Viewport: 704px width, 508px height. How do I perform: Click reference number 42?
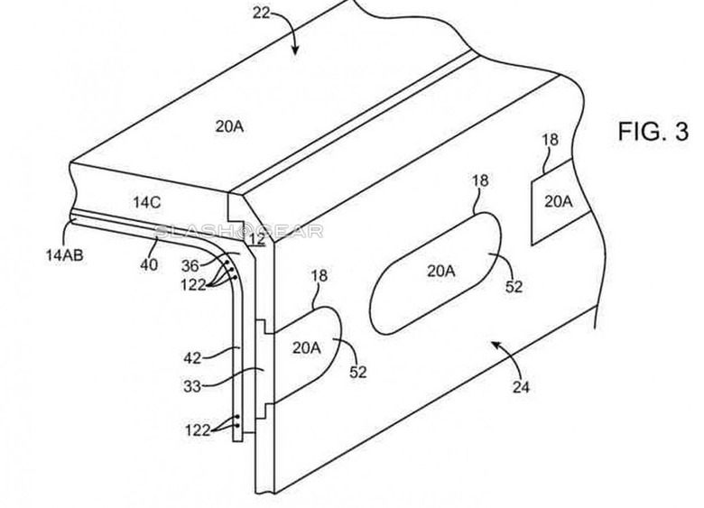[192, 356]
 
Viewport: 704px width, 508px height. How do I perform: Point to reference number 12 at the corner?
[256, 239]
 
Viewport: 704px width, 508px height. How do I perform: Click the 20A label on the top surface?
[228, 127]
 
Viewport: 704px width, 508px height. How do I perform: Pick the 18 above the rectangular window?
[550, 140]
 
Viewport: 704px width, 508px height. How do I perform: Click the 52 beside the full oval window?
[514, 288]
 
